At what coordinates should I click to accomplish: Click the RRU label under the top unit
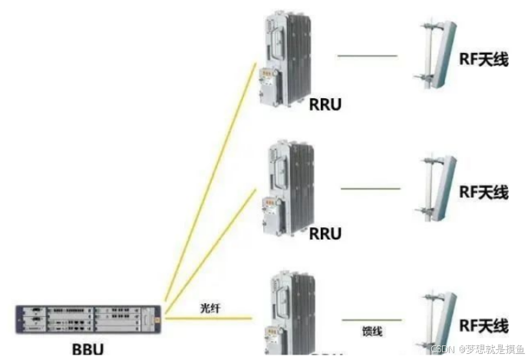(327, 103)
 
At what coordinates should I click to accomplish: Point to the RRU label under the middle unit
(325, 233)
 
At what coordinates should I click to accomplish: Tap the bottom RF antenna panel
(440, 319)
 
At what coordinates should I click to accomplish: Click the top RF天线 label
(483, 59)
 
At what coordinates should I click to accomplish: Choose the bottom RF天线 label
(483, 325)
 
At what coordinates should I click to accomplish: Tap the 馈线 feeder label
(372, 332)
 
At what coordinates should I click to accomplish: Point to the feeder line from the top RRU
(367, 56)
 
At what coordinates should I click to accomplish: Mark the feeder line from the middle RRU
(370, 189)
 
